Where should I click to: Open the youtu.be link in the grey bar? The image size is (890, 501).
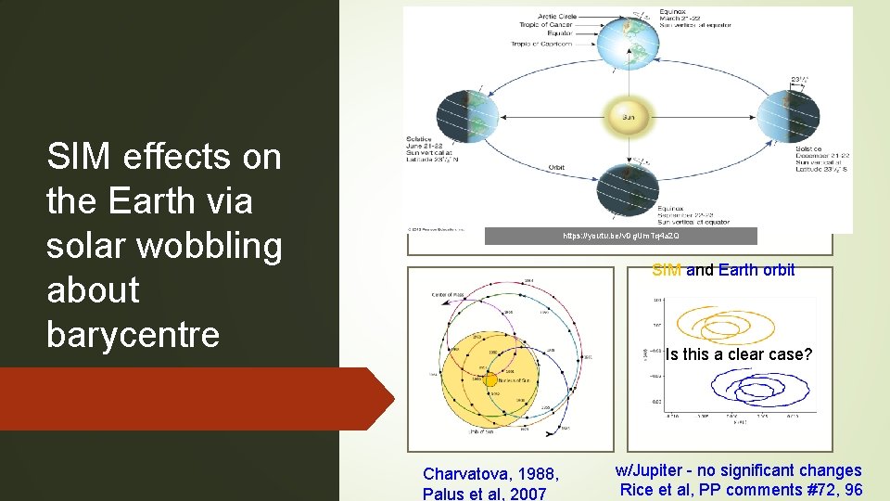click(x=620, y=237)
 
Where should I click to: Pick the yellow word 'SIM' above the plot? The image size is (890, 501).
click(x=667, y=270)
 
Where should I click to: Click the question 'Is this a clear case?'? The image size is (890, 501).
click(x=738, y=354)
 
